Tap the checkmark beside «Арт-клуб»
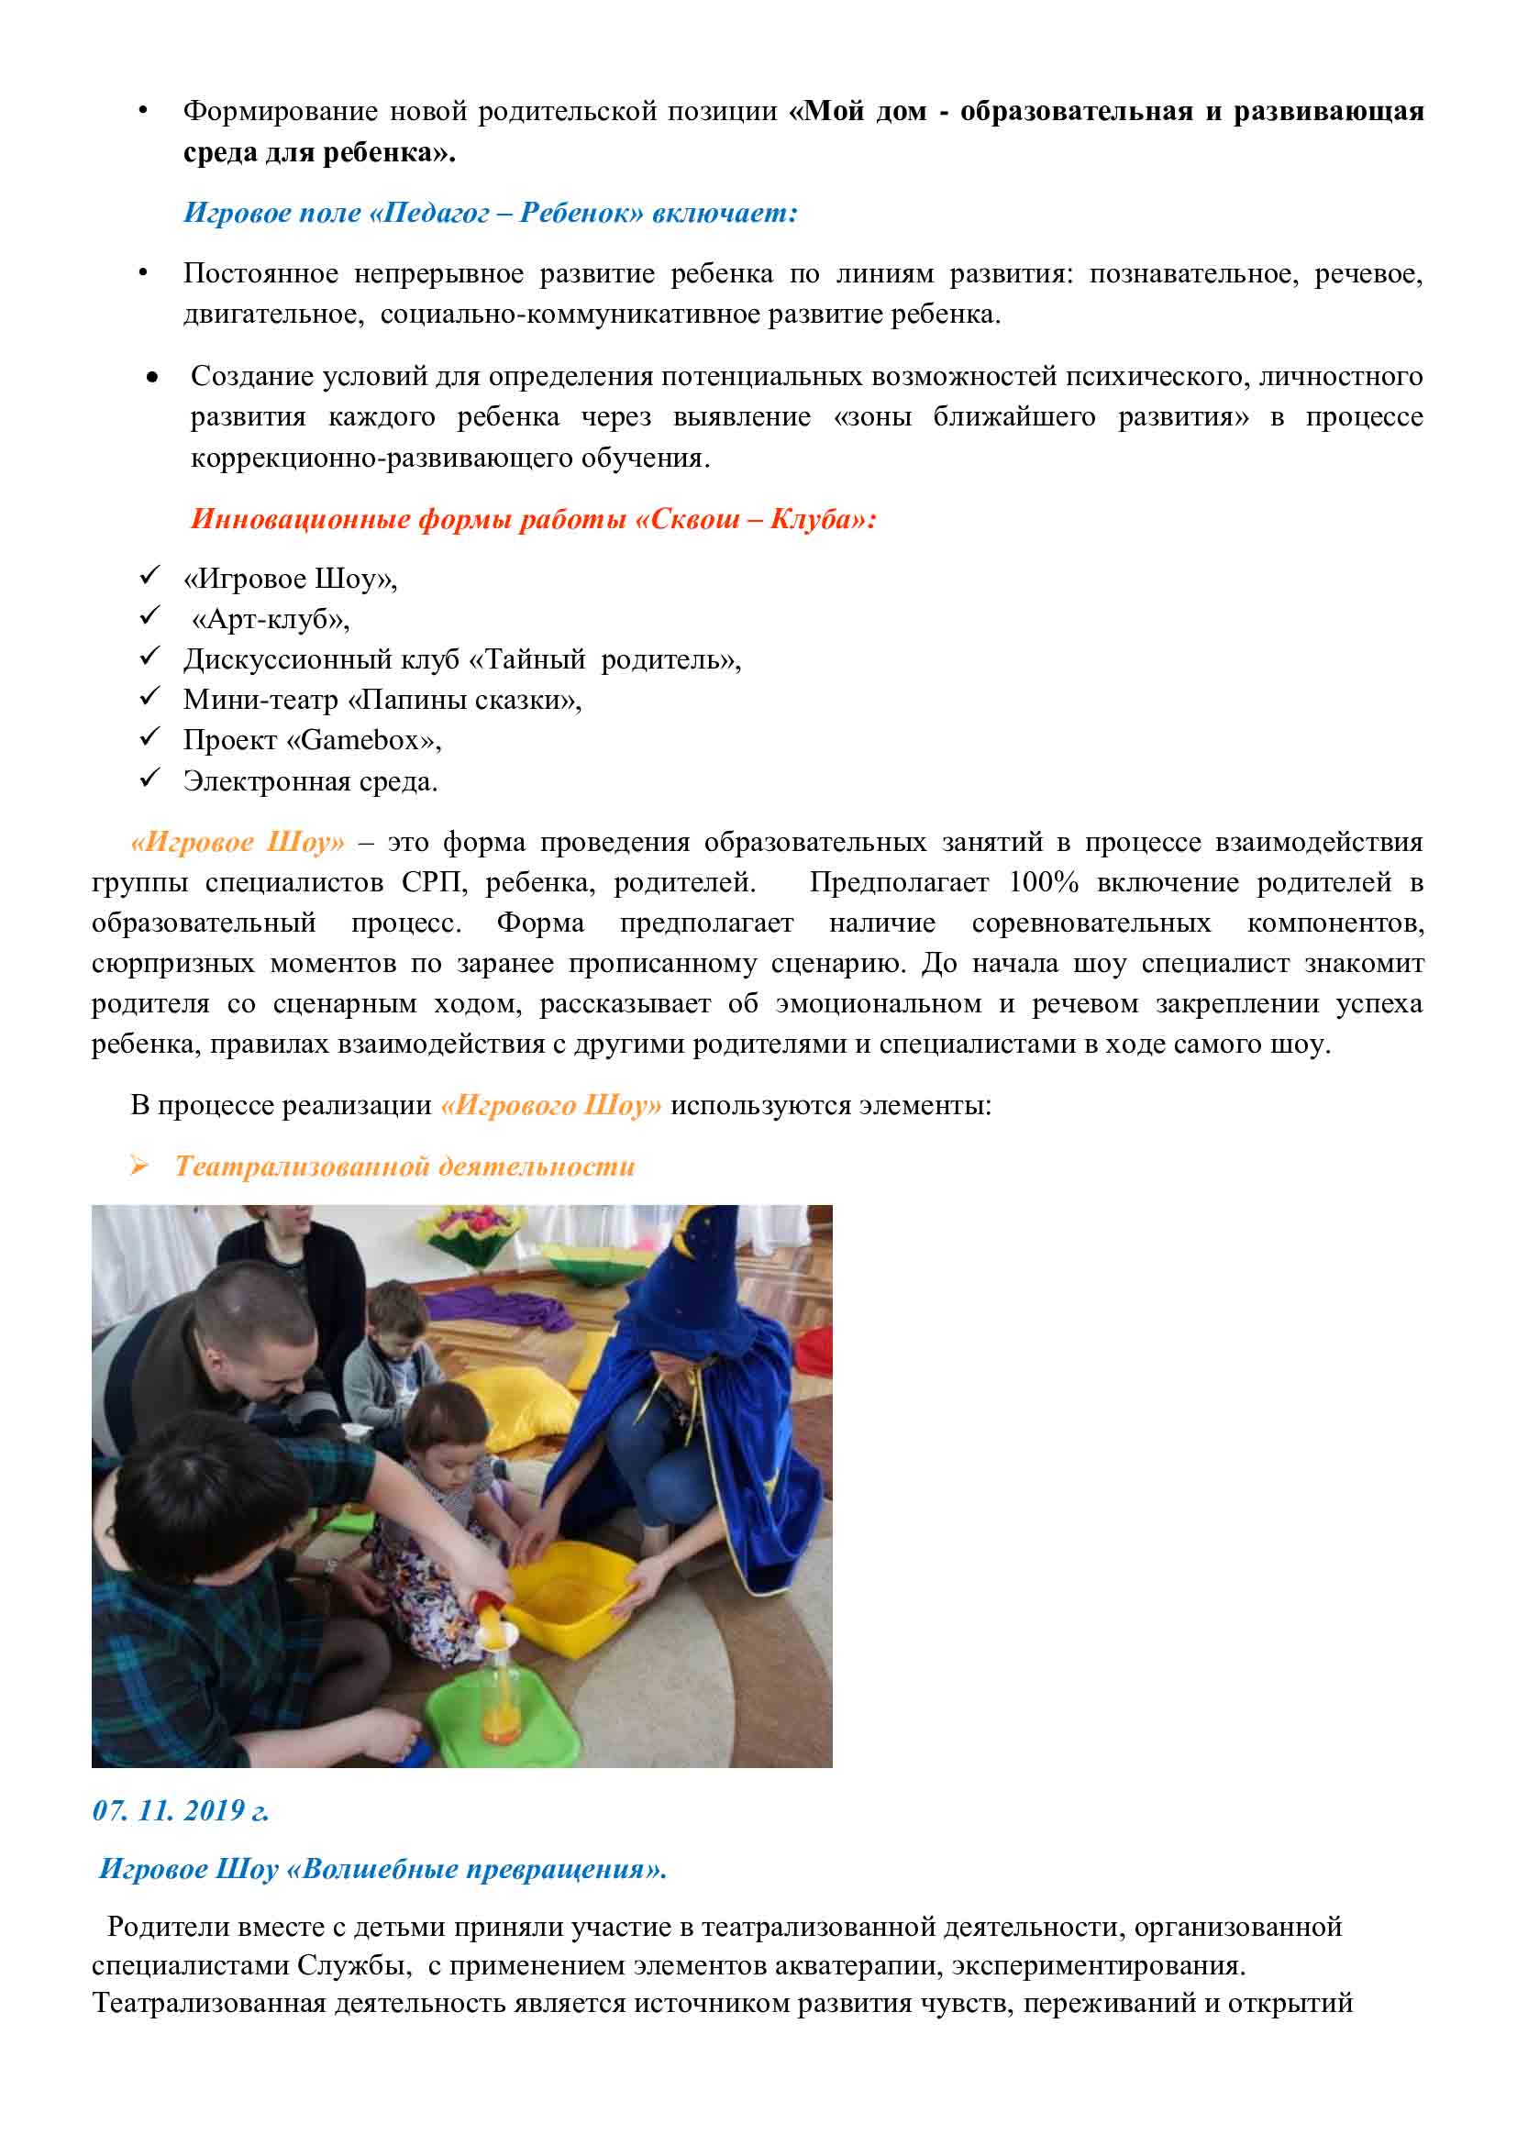tap(149, 616)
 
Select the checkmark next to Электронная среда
tap(149, 779)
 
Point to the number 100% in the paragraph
tap(1044, 883)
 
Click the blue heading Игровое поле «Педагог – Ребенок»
tap(491, 213)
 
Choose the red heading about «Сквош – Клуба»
tap(534, 518)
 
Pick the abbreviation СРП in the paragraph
tap(434, 883)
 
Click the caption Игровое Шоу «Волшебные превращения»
tap(382, 1868)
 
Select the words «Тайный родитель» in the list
tap(603, 659)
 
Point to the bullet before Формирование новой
tap(143, 111)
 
